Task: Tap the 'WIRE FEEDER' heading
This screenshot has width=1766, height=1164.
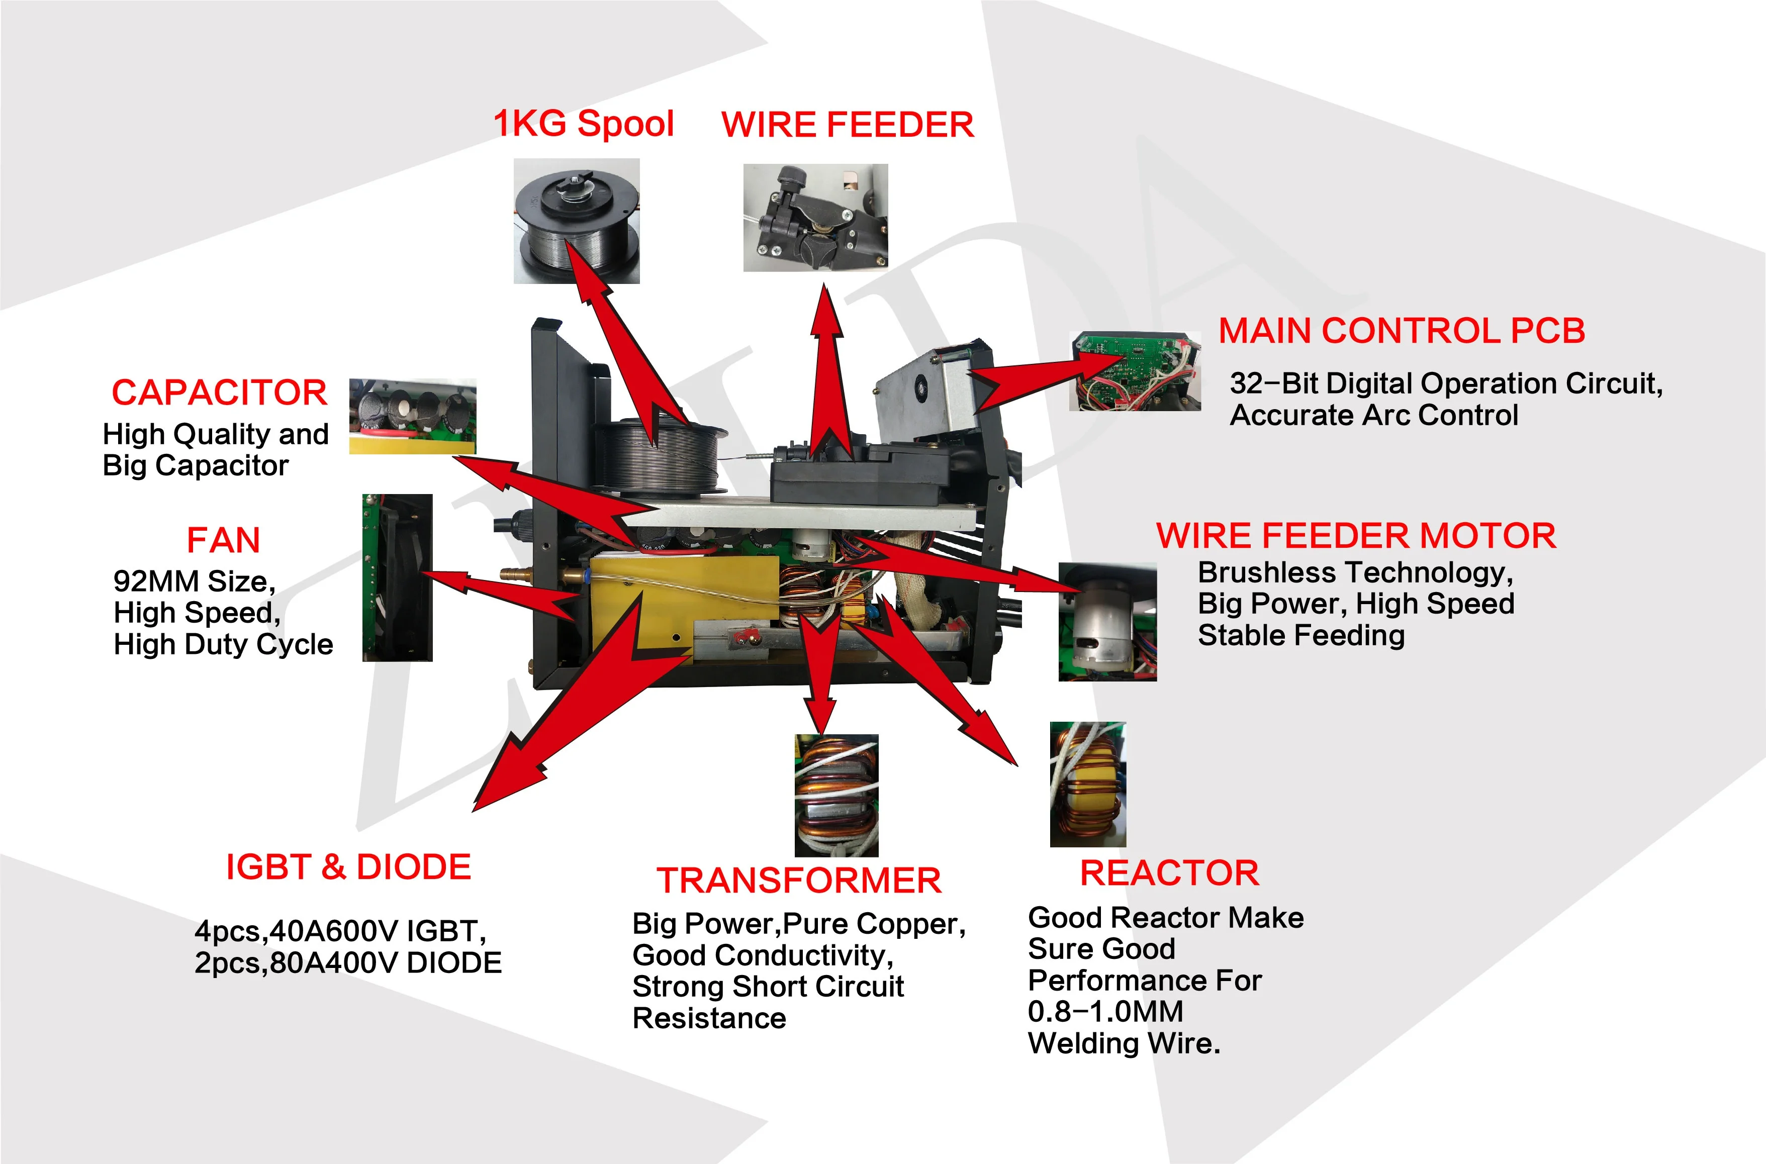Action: pos(847,125)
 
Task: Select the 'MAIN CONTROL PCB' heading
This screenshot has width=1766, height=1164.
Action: pos(1402,331)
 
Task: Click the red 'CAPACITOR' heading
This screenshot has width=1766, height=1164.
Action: pos(219,393)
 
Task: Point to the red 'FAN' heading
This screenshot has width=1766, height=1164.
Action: pos(223,540)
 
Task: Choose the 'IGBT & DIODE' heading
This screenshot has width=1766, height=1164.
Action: pos(348,867)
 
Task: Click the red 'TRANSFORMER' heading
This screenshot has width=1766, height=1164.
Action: pos(799,881)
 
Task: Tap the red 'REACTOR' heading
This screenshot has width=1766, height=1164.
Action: pos(1169,873)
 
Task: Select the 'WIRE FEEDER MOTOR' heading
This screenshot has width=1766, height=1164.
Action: pos(1355,536)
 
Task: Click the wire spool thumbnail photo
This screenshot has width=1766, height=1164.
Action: pos(576,221)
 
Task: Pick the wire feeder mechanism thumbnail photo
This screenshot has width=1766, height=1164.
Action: pos(815,218)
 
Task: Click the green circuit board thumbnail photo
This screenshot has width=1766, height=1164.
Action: pos(1134,371)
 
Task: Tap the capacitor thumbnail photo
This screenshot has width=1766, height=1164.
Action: pos(412,416)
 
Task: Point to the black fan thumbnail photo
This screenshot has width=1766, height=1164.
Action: pos(397,577)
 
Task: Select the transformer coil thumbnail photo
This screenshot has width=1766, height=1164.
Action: pos(836,795)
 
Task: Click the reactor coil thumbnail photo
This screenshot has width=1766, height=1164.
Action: pos(1087,784)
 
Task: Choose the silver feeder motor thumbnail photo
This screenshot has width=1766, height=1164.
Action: pos(1107,621)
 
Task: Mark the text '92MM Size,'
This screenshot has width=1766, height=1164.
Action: pos(195,581)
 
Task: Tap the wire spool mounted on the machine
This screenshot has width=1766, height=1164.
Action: pos(660,456)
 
